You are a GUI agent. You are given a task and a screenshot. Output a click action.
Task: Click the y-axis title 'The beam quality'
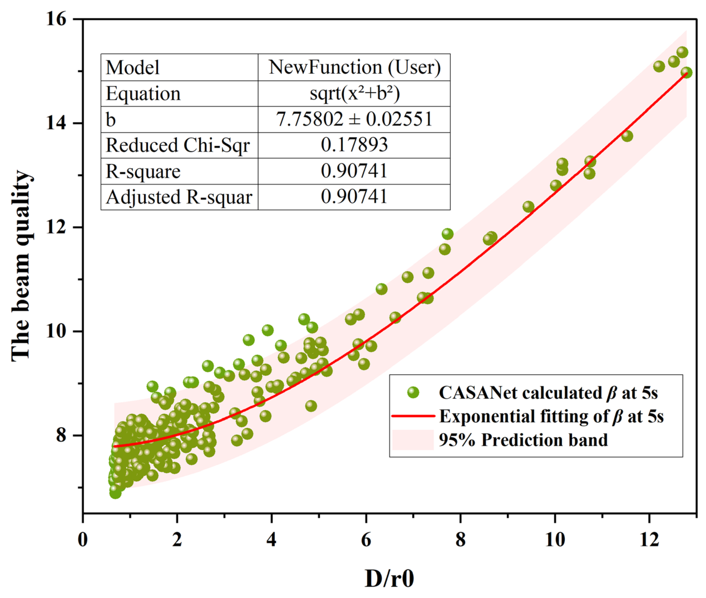(21, 266)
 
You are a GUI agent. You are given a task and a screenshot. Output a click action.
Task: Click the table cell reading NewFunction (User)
(354, 67)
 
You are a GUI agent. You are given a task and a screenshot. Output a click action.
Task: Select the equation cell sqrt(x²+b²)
(354, 93)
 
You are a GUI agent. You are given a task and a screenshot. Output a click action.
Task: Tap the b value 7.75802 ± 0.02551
(354, 119)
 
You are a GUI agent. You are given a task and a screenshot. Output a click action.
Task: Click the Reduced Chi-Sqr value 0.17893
(354, 145)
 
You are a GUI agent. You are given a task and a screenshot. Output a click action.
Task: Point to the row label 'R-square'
(143, 171)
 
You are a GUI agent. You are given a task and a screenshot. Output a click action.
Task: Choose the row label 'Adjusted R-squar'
(179, 197)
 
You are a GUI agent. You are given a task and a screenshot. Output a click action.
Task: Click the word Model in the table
(132, 67)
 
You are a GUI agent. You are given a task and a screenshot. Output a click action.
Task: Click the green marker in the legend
(413, 393)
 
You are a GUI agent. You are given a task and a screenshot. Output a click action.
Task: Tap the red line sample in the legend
(413, 416)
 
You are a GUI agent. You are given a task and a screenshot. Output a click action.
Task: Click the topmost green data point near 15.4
(682, 52)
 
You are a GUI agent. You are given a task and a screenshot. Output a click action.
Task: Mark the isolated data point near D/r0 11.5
(627, 136)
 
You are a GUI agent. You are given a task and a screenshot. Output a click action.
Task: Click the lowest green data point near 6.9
(115, 492)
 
